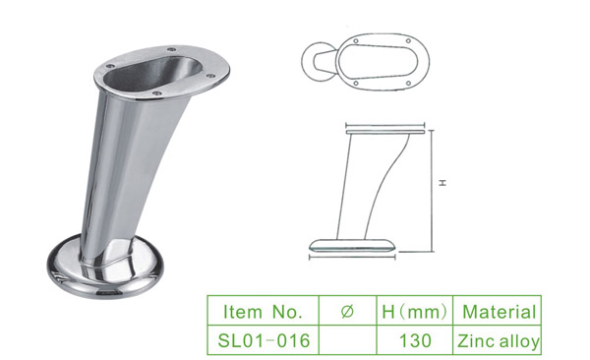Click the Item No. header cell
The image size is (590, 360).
click(263, 311)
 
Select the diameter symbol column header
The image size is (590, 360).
click(347, 311)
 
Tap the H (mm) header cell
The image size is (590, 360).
click(415, 311)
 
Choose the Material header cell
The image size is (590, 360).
click(498, 311)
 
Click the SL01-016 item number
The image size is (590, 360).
click(264, 340)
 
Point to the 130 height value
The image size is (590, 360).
click(415, 340)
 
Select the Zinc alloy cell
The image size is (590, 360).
click(498, 340)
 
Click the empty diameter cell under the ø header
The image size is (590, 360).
click(348, 340)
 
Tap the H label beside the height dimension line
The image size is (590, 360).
click(442, 183)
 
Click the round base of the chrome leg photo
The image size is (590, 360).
click(106, 274)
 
